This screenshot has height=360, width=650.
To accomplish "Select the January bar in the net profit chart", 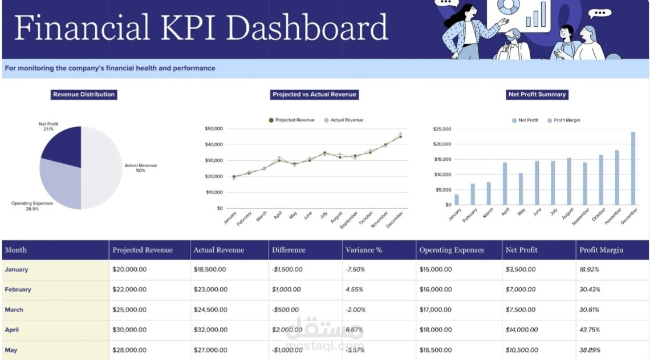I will click(x=456, y=199).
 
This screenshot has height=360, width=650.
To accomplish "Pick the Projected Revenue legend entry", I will click(x=291, y=120).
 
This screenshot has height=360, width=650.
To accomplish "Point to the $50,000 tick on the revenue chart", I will click(x=214, y=129).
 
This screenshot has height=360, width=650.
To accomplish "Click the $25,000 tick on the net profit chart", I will click(x=442, y=129).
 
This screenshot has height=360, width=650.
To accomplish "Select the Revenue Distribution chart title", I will click(x=84, y=95).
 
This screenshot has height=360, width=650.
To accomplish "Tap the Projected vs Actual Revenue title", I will click(x=315, y=95).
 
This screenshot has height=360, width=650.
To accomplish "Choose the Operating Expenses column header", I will click(x=452, y=250).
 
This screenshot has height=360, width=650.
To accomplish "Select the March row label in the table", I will click(x=14, y=310).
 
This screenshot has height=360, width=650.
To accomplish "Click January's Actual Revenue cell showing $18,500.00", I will click(x=210, y=269).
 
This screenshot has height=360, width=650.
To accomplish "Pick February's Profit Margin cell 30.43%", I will click(x=590, y=290).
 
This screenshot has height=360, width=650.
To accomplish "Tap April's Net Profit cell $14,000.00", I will click(x=521, y=330).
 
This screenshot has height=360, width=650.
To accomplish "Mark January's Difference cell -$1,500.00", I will click(x=287, y=269).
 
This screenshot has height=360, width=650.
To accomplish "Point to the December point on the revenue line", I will click(x=400, y=136).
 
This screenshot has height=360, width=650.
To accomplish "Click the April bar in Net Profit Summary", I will click(x=505, y=183).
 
